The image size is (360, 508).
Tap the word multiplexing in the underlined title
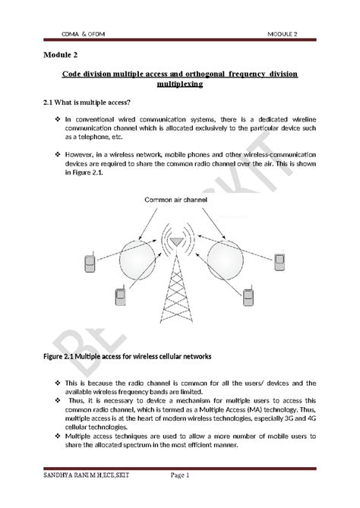[x=179, y=86]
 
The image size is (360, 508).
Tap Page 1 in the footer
[x=180, y=475]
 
